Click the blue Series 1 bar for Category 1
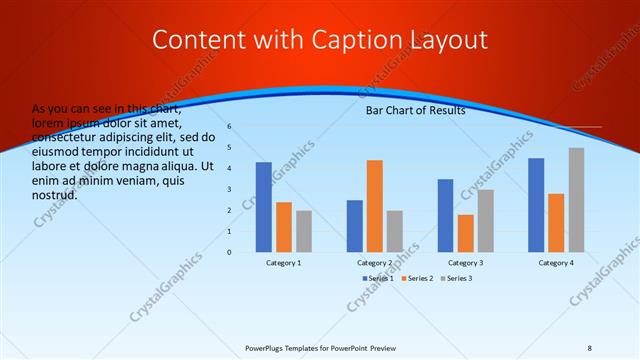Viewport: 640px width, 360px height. [263, 207]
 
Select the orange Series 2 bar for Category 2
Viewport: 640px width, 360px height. [374, 206]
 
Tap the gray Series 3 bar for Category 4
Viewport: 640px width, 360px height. [576, 200]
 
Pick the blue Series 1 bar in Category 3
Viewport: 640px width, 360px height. [445, 215]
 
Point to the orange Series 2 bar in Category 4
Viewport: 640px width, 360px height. [556, 223]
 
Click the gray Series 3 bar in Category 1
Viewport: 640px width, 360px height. [304, 231]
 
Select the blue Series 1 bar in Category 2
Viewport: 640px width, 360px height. [354, 226]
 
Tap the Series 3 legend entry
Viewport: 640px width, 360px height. [456, 278]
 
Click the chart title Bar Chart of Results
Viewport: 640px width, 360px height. [415, 111]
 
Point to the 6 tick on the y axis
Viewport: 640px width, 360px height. [229, 127]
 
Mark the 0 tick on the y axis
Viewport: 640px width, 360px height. [229, 252]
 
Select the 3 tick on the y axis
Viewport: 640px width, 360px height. [229, 190]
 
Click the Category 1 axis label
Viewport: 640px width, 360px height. [284, 262]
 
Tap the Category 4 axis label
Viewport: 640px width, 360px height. [556, 262]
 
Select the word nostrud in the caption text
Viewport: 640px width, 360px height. [55, 194]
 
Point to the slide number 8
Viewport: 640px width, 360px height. [590, 348]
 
